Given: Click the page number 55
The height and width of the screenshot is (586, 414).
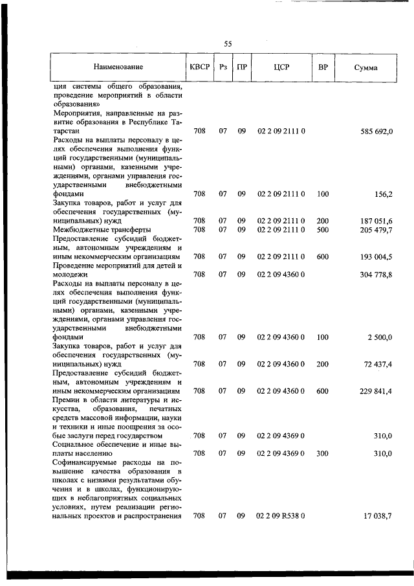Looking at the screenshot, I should (228, 44).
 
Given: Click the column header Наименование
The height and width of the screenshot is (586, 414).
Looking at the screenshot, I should (118, 67).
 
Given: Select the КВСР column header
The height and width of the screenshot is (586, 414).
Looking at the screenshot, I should (200, 67).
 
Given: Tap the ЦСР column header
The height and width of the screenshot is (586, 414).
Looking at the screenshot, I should (281, 67).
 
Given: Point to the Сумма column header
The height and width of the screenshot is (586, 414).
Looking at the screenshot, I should (366, 67).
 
